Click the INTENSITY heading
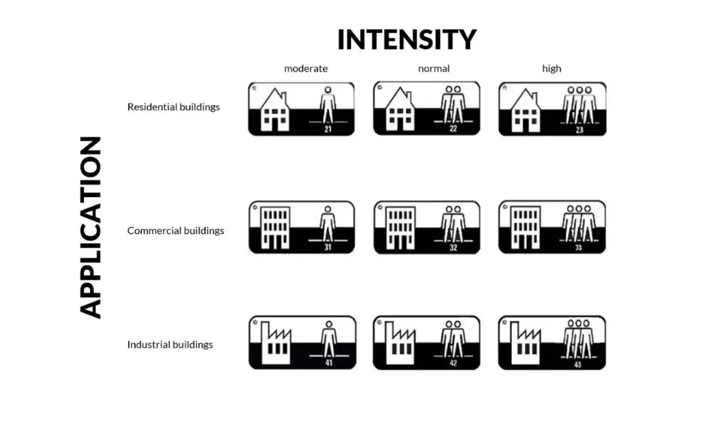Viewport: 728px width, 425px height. (x=407, y=39)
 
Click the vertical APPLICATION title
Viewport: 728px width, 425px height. (x=91, y=227)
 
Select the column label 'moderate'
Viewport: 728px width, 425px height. (x=306, y=68)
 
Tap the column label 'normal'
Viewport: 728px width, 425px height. (x=433, y=68)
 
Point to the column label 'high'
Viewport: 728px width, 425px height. (x=552, y=68)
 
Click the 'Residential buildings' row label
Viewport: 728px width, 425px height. (x=173, y=107)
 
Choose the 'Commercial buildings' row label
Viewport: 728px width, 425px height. (x=175, y=230)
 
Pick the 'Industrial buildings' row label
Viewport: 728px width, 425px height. (x=170, y=344)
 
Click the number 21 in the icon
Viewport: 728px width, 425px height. (x=328, y=129)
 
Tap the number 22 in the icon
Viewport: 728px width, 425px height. (x=453, y=128)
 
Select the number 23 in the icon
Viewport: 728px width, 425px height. (x=579, y=129)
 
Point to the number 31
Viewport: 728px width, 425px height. (x=328, y=247)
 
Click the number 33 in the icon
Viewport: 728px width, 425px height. (x=579, y=247)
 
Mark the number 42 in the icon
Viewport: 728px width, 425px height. (x=453, y=363)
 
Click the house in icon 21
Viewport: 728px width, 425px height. (x=275, y=110)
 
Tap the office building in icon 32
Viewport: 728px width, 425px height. (x=400, y=228)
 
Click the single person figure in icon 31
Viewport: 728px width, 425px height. (x=328, y=224)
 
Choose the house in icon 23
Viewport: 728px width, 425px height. (x=525, y=110)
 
